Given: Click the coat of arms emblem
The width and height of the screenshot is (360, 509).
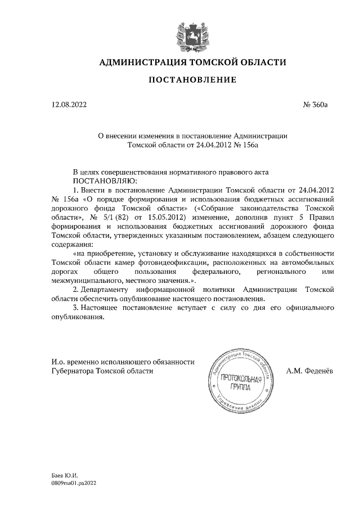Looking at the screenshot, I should coord(192,33).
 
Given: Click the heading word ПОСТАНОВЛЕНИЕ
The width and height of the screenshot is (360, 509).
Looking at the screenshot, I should coord(192,80).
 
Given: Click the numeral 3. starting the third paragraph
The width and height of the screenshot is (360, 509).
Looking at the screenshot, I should coord(76,308).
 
